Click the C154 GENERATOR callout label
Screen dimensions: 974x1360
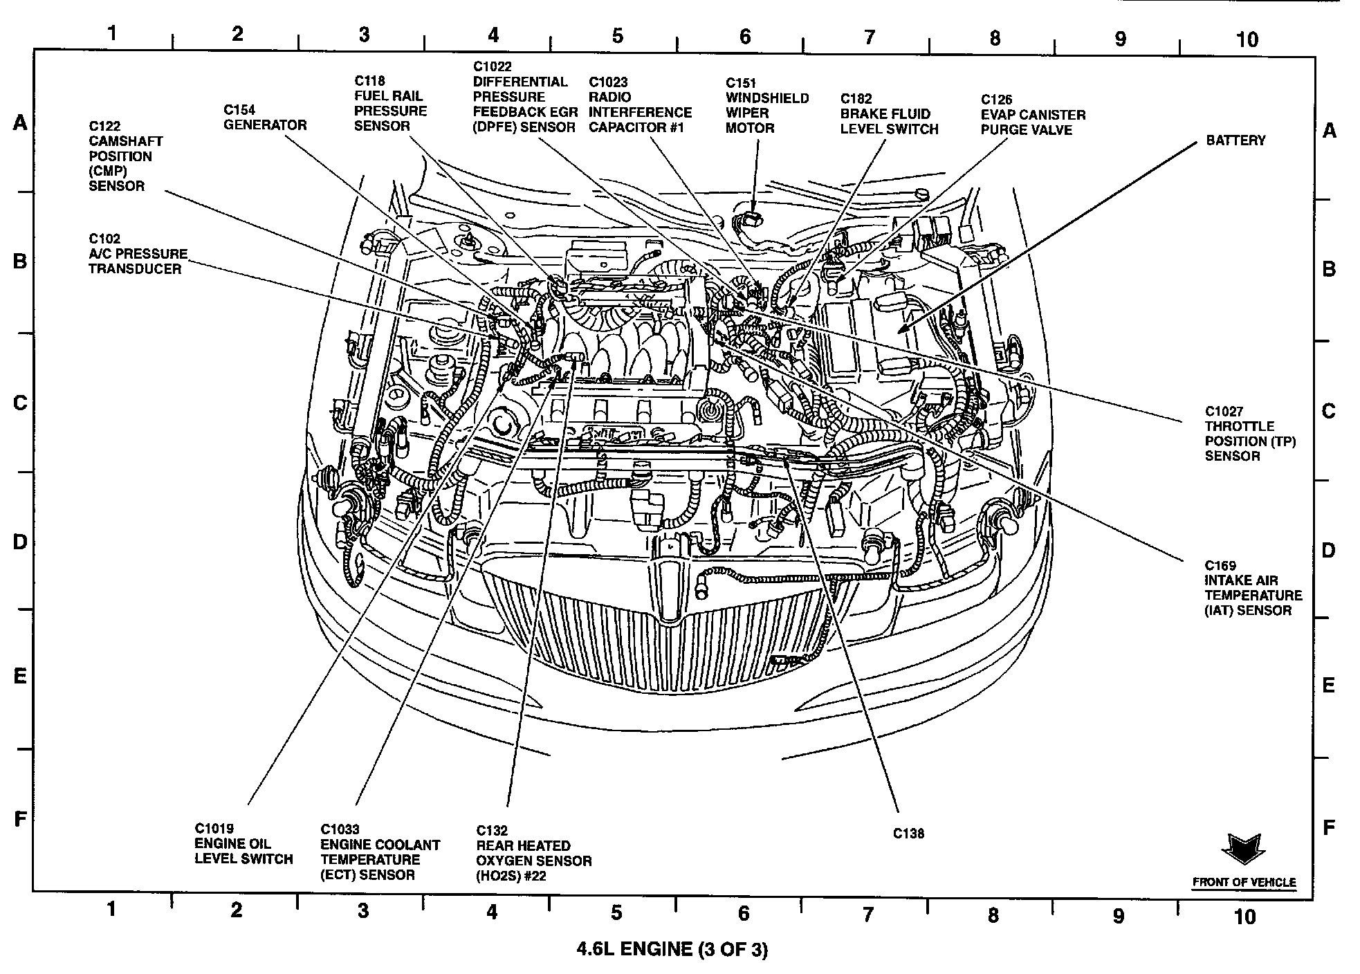(264, 118)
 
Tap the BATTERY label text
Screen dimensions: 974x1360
(1235, 140)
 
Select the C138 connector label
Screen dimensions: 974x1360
(908, 834)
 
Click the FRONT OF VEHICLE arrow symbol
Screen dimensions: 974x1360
(1243, 849)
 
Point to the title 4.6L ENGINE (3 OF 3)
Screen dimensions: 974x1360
(672, 949)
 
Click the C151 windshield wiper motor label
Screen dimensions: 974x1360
(766, 105)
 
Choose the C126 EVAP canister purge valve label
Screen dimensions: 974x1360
(1033, 115)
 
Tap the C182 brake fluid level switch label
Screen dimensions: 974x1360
(889, 114)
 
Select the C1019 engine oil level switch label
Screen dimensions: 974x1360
(243, 844)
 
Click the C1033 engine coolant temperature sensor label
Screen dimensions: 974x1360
(380, 852)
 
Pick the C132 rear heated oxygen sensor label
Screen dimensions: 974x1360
(533, 853)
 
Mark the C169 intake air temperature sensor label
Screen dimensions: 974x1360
(1253, 588)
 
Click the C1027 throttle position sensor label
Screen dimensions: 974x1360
(1249, 434)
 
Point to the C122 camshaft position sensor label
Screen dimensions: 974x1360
(125, 156)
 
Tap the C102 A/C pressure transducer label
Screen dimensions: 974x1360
(138, 254)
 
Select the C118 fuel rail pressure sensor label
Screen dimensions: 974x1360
(390, 104)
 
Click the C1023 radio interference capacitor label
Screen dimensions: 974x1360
(640, 105)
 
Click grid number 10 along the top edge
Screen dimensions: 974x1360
(1247, 39)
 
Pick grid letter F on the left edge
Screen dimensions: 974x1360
(20, 820)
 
